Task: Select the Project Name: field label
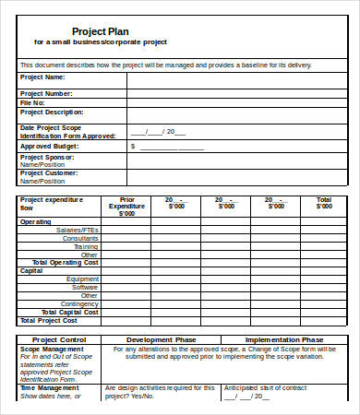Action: click(42, 79)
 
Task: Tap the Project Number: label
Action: click(45, 93)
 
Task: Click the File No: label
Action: click(33, 102)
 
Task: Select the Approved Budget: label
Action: click(47, 146)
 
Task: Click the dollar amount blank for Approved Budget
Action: click(172, 146)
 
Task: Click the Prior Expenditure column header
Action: click(134, 206)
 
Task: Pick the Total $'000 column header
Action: click(323, 206)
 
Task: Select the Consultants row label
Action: click(80, 238)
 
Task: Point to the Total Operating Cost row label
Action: click(66, 262)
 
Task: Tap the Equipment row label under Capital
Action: click(83, 279)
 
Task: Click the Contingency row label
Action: click(79, 303)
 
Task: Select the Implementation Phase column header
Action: click(284, 339)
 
